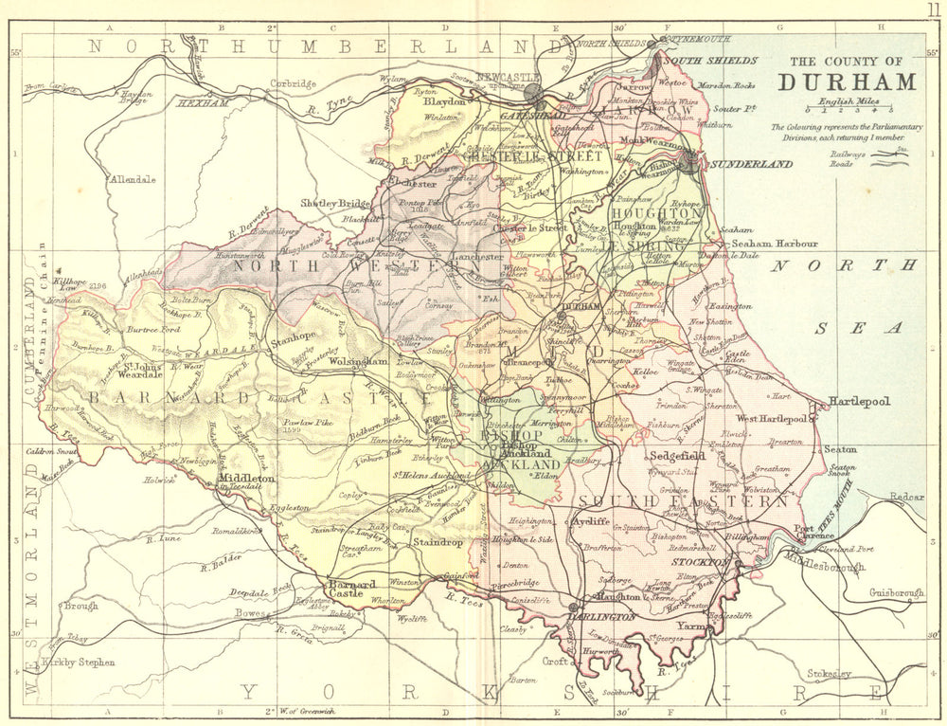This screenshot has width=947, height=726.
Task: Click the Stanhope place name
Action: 294,336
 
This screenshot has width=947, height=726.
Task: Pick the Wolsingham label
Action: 358,362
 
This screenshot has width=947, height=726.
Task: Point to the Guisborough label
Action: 896,593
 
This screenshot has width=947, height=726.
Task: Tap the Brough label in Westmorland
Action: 80,605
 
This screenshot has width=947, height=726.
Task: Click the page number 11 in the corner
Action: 934,9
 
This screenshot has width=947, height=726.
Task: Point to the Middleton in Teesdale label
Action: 247,480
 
